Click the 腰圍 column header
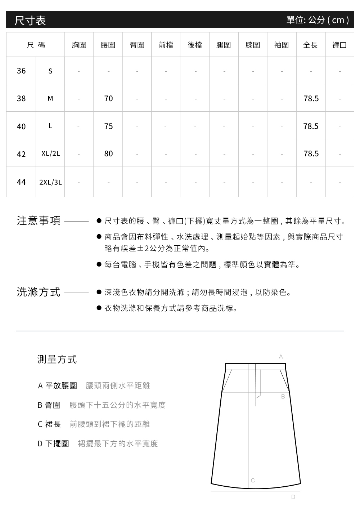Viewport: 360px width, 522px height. (108, 45)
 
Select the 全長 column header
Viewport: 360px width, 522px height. (311, 45)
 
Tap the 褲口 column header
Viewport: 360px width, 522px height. (339, 45)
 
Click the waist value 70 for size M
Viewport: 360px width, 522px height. (108, 98)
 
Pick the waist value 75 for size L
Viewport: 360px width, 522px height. (108, 126)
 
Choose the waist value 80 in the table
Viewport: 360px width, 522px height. (108, 154)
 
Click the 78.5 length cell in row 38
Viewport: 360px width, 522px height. (311, 98)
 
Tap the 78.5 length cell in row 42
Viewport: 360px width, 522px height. (311, 154)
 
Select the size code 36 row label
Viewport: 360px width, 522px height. (21, 71)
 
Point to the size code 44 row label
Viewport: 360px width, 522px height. (21, 182)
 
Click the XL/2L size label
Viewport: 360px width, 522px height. (50, 154)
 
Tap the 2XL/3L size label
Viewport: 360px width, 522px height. (50, 182)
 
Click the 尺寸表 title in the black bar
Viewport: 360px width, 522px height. (30, 20)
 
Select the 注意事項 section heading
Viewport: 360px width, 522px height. (39, 220)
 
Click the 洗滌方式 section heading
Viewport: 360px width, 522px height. (39, 292)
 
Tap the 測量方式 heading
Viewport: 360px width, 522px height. (57, 359)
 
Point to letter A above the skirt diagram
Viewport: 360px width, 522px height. (281, 357)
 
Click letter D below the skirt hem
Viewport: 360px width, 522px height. (293, 497)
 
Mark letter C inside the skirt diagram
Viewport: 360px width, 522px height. (253, 480)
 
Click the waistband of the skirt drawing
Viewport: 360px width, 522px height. (256, 366)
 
